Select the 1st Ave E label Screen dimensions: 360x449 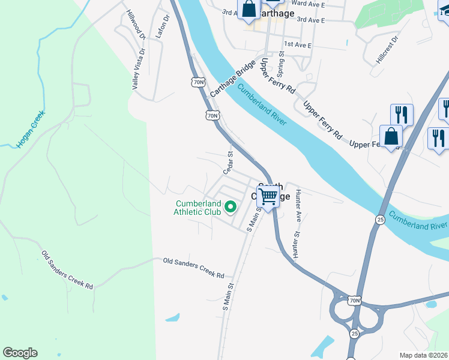pos(299,44)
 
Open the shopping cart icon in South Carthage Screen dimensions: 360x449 pos(268,196)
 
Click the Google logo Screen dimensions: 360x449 pos(20,353)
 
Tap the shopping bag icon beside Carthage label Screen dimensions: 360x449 pos(249,8)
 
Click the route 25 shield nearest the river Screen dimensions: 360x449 pos(380,220)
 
